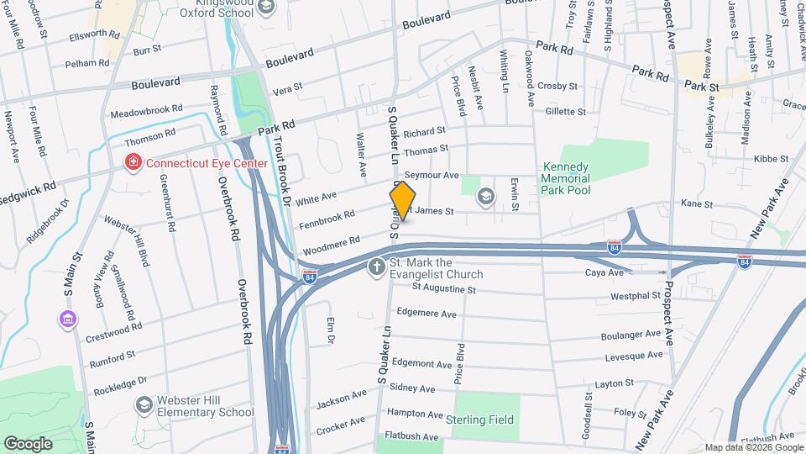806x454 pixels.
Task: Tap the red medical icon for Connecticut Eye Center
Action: point(132,162)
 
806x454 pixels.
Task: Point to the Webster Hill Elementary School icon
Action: point(144,405)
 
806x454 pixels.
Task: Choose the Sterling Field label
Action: point(482,419)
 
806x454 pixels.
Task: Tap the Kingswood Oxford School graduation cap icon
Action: point(266,8)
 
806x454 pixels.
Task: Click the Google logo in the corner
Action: point(29,443)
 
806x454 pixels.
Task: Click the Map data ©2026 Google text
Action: point(752,447)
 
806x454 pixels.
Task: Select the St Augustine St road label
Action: point(443,289)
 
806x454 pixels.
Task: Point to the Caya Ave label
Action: point(604,273)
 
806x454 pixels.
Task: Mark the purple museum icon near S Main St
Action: point(66,319)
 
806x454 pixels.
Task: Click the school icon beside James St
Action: point(484,197)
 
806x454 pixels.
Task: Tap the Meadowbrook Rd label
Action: point(146,110)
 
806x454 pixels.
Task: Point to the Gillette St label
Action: point(565,111)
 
